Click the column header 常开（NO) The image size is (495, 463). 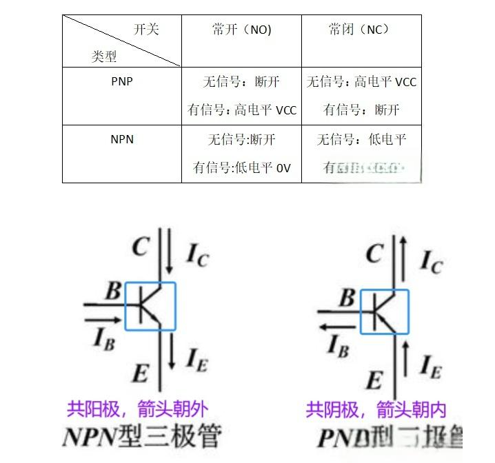point(241,30)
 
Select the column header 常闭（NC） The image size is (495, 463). point(359,30)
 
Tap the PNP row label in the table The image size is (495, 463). point(122,81)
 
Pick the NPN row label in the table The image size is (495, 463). point(122,139)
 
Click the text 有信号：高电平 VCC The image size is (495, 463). point(242,110)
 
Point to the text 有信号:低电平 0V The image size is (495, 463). point(242,168)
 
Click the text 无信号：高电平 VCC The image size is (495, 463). point(362,82)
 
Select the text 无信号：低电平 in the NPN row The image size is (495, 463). point(362,140)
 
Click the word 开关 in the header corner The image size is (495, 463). point(145,29)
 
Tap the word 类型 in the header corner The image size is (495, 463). point(104,56)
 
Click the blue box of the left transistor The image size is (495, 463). point(150,306)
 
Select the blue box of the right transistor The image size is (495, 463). point(383,312)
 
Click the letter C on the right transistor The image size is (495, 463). point(374,254)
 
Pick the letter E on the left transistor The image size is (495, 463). point(140,374)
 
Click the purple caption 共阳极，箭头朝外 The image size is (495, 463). point(137,410)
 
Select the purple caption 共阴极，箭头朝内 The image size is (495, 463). point(376,410)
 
